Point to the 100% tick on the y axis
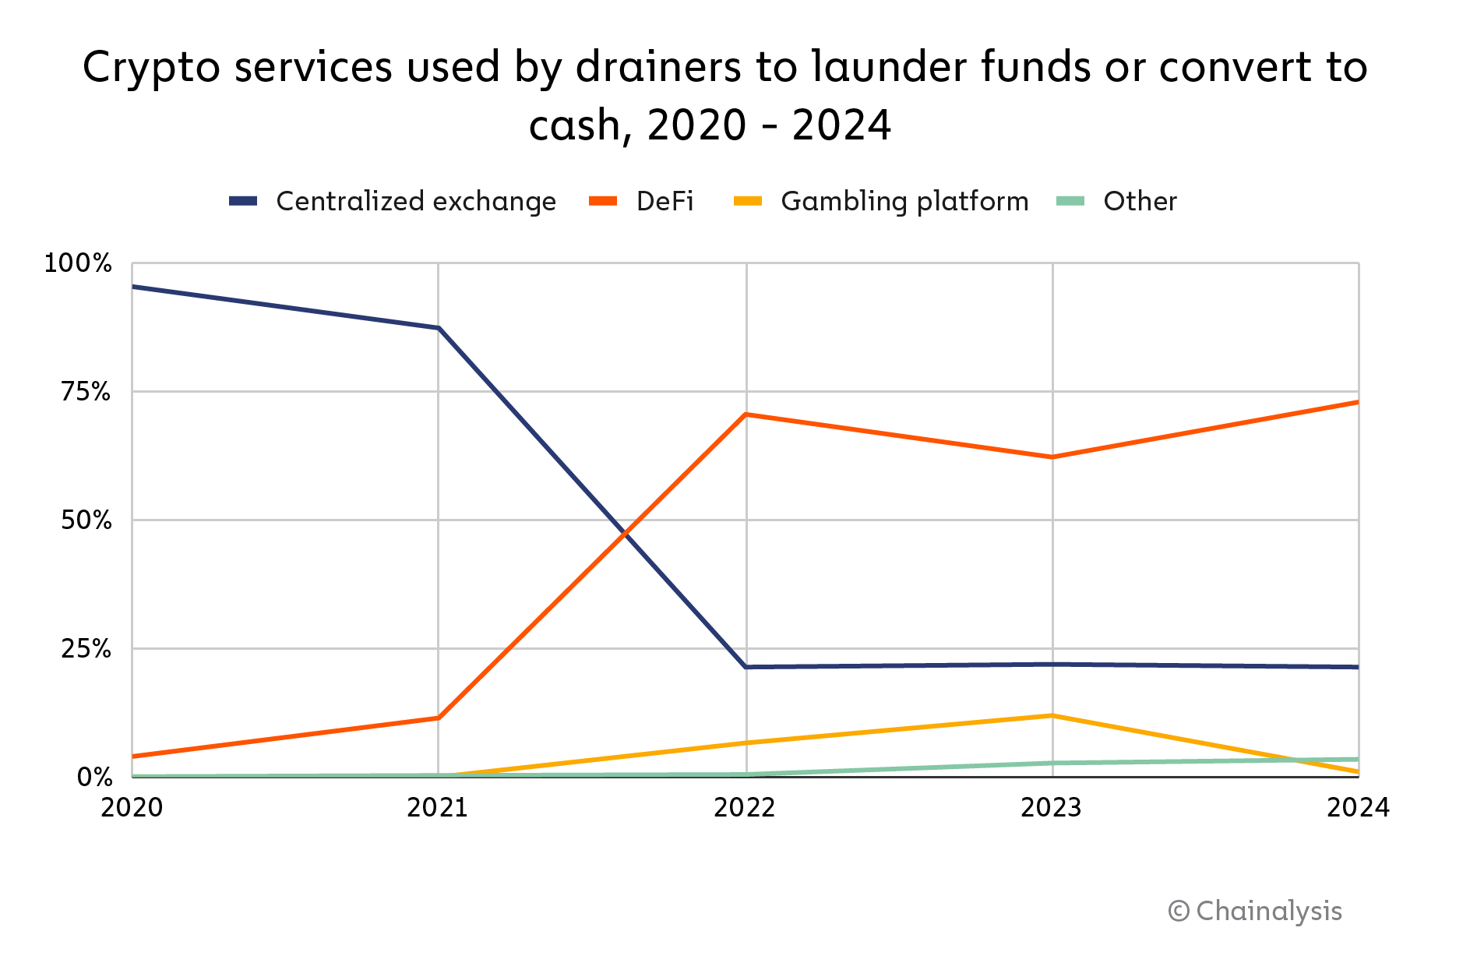tap(78, 263)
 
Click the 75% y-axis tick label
tap(86, 391)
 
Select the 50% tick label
tap(86, 520)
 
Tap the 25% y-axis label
tap(86, 648)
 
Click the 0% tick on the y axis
tap(94, 777)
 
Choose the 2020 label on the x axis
tap(132, 808)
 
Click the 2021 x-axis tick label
tap(438, 808)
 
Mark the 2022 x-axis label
tap(745, 808)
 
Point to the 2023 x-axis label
tap(1052, 808)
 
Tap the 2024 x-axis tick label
tap(1358, 808)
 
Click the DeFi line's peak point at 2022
tap(746, 414)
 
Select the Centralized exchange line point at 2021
tap(439, 328)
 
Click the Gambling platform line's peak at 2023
tap(1052, 715)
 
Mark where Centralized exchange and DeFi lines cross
tap(625, 534)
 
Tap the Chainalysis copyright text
tap(1255, 911)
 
